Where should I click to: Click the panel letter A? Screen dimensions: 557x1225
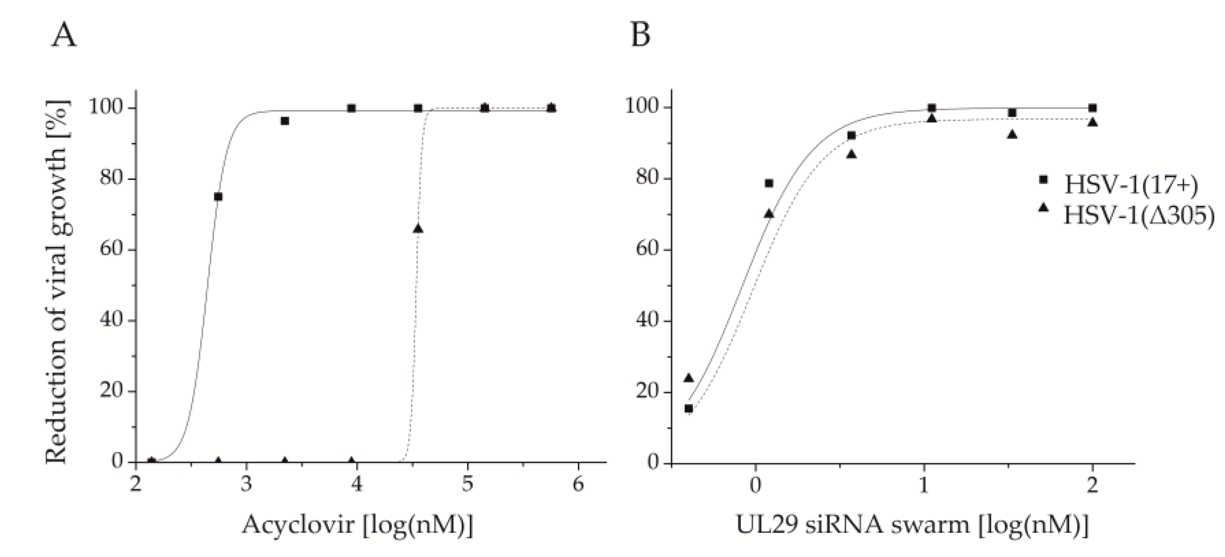[x=63, y=36]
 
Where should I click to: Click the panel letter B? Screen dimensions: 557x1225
[x=640, y=36]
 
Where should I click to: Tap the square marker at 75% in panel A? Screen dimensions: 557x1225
[x=218, y=197]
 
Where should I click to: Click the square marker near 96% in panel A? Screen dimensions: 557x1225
[x=285, y=121]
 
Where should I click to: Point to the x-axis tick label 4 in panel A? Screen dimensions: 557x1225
[x=357, y=485]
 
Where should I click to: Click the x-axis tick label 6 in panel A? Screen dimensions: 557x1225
[x=578, y=485]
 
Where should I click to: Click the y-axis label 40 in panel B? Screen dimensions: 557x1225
[x=647, y=320]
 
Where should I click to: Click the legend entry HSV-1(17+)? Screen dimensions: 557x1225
[x=1130, y=185]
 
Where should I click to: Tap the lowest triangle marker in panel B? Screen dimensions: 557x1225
[x=689, y=378]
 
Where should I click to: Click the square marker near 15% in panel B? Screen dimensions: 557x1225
[x=689, y=409]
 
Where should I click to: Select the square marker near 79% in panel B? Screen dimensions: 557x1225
[x=769, y=184]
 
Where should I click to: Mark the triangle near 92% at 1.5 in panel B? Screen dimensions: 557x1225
[x=1013, y=135]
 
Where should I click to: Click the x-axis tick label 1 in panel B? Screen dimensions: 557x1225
[x=924, y=485]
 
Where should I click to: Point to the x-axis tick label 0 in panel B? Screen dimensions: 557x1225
[x=755, y=485]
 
